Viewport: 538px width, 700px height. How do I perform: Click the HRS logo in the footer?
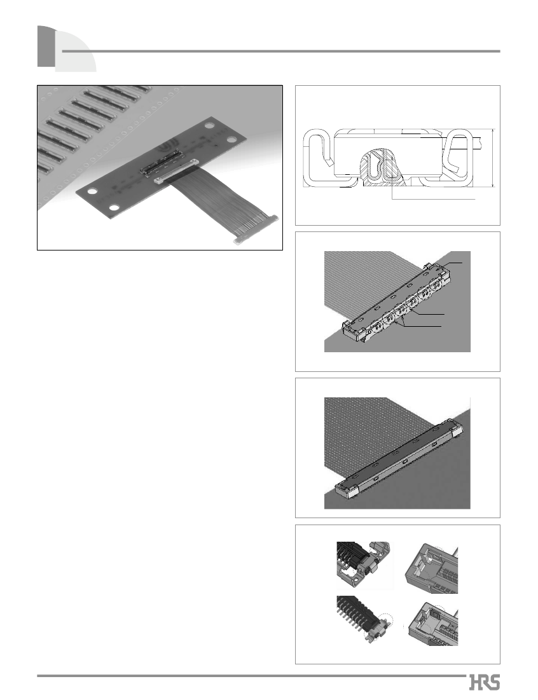pos(485,683)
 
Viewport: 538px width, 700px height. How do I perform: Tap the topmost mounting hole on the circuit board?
pos(209,126)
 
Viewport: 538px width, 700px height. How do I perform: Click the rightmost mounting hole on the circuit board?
pos(231,139)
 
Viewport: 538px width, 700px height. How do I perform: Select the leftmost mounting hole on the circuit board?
pos(92,192)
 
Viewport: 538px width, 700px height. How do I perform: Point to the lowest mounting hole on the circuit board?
pos(114,208)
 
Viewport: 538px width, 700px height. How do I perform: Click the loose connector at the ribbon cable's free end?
pos(256,229)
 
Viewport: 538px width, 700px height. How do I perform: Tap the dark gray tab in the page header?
pos(46,46)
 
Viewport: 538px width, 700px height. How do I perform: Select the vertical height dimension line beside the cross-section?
pos(493,159)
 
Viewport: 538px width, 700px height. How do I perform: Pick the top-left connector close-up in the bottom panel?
pos(364,565)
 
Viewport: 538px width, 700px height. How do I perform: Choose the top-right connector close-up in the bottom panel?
pos(431,568)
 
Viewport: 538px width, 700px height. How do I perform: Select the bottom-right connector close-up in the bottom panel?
pos(431,624)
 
